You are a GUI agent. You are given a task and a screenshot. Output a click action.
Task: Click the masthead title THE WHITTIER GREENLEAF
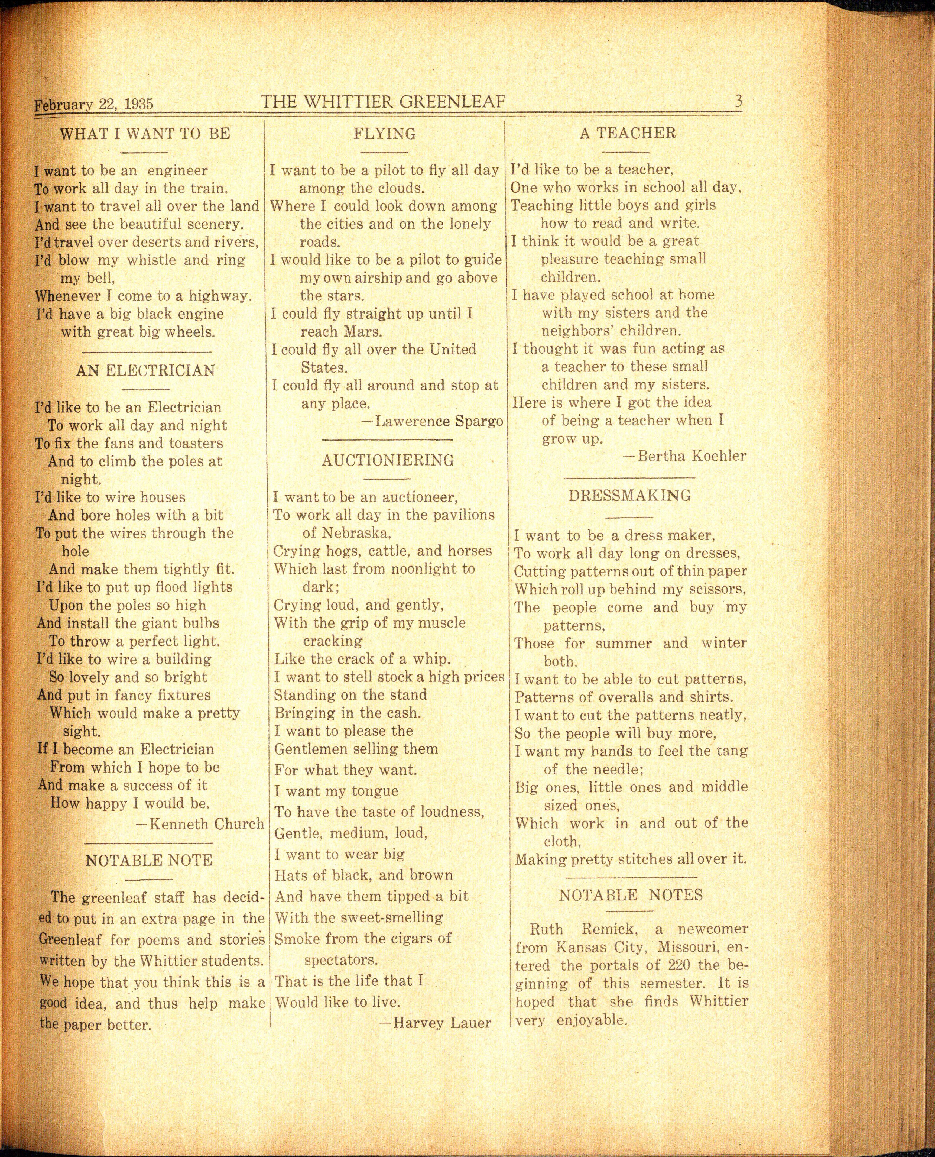coord(383,101)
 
